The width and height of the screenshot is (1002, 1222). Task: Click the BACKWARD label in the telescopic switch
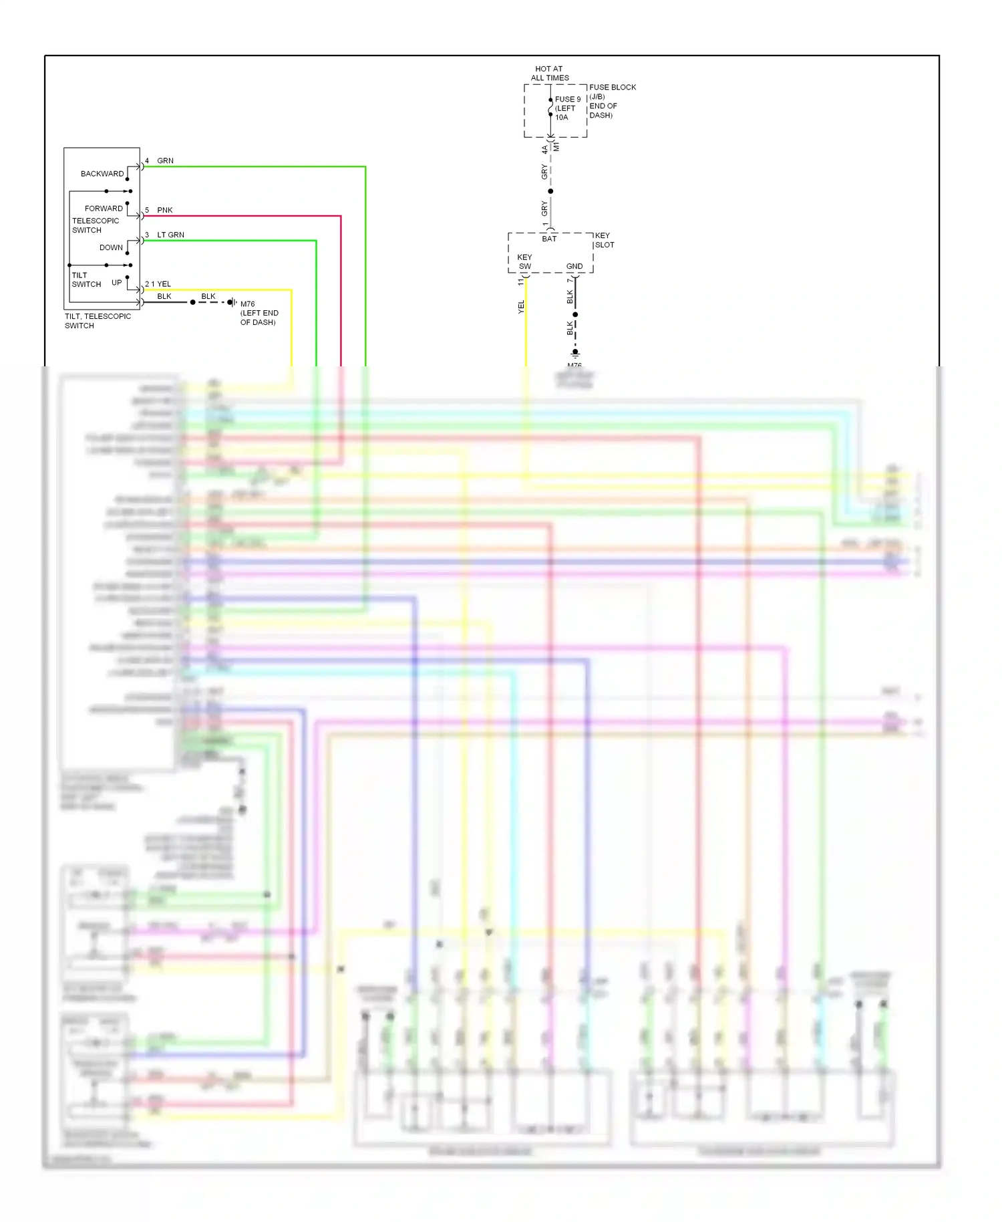tap(102, 174)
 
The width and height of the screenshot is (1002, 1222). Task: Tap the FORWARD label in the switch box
tap(104, 209)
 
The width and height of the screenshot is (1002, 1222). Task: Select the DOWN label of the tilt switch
tap(111, 247)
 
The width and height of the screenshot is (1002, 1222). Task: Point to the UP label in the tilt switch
tap(117, 283)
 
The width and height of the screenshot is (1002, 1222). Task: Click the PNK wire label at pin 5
tap(164, 210)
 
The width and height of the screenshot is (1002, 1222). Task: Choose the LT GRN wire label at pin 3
tap(170, 235)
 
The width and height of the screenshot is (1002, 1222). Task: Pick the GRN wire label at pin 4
tap(165, 161)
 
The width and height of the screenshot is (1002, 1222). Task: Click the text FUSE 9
tap(568, 99)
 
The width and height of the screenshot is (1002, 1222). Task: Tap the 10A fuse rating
tap(562, 118)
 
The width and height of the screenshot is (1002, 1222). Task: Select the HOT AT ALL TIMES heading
tap(549, 74)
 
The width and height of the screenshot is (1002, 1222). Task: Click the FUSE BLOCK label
tap(613, 88)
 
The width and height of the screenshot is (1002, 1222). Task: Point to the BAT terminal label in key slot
tap(549, 239)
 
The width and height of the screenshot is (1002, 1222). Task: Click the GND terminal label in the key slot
tap(574, 266)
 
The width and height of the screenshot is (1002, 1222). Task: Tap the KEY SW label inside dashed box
tap(524, 261)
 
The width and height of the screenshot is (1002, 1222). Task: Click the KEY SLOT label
tap(604, 240)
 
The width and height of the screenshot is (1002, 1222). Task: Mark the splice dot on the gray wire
tap(550, 191)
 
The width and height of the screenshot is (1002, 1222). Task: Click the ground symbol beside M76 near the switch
tap(232, 302)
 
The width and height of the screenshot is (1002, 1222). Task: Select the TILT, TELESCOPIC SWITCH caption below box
tap(98, 321)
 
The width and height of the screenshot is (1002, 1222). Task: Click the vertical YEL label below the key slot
tap(521, 307)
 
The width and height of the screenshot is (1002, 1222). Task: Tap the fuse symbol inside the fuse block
tap(550, 108)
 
